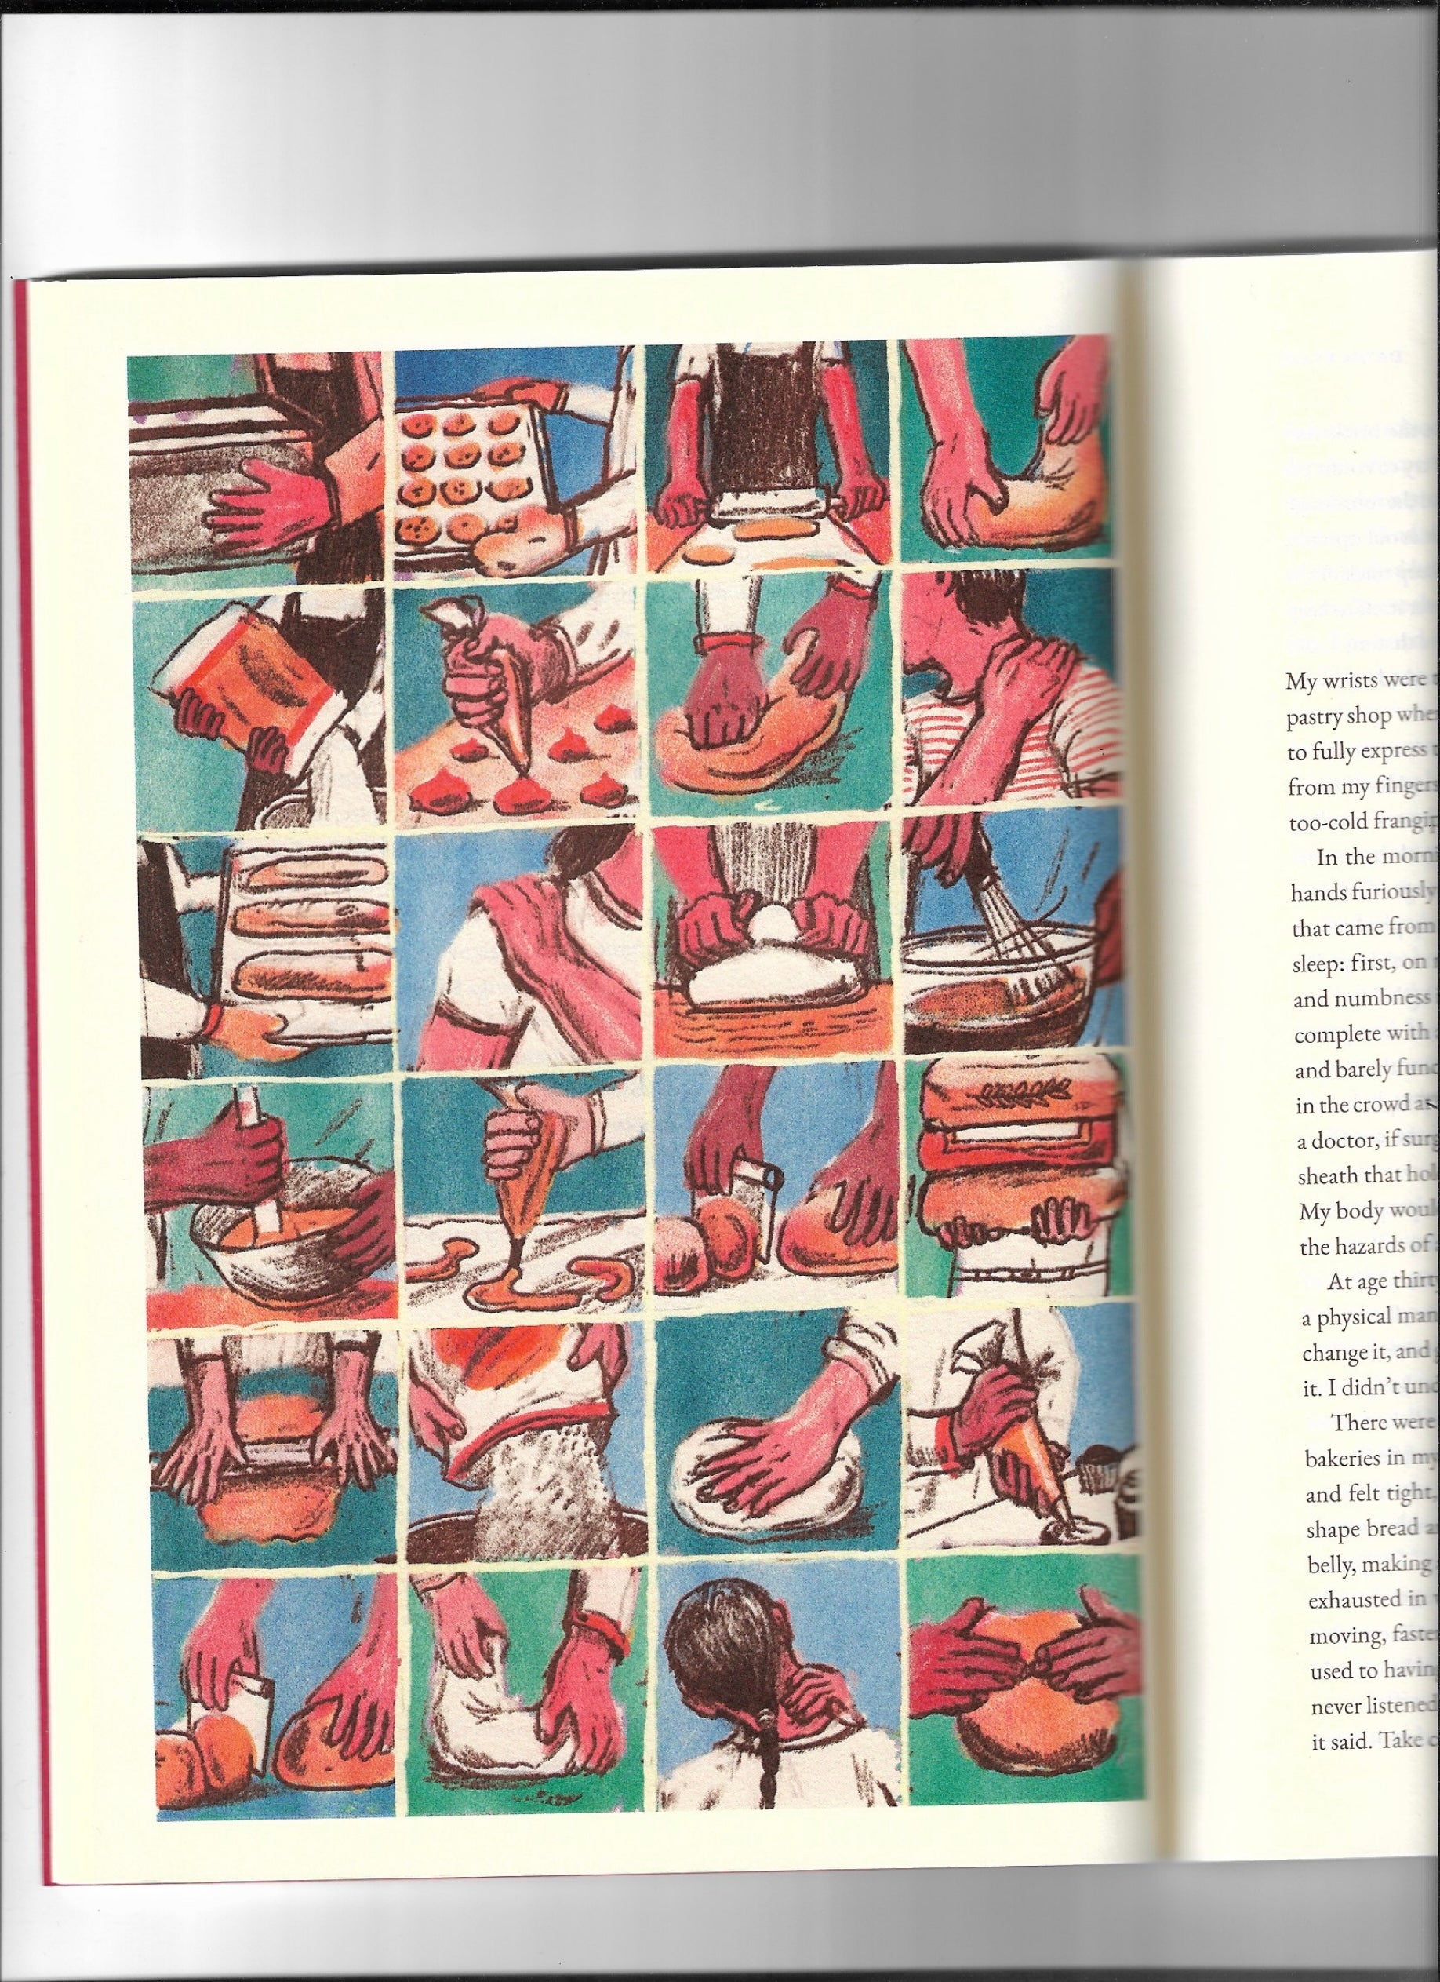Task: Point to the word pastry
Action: [x=1318, y=717]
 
